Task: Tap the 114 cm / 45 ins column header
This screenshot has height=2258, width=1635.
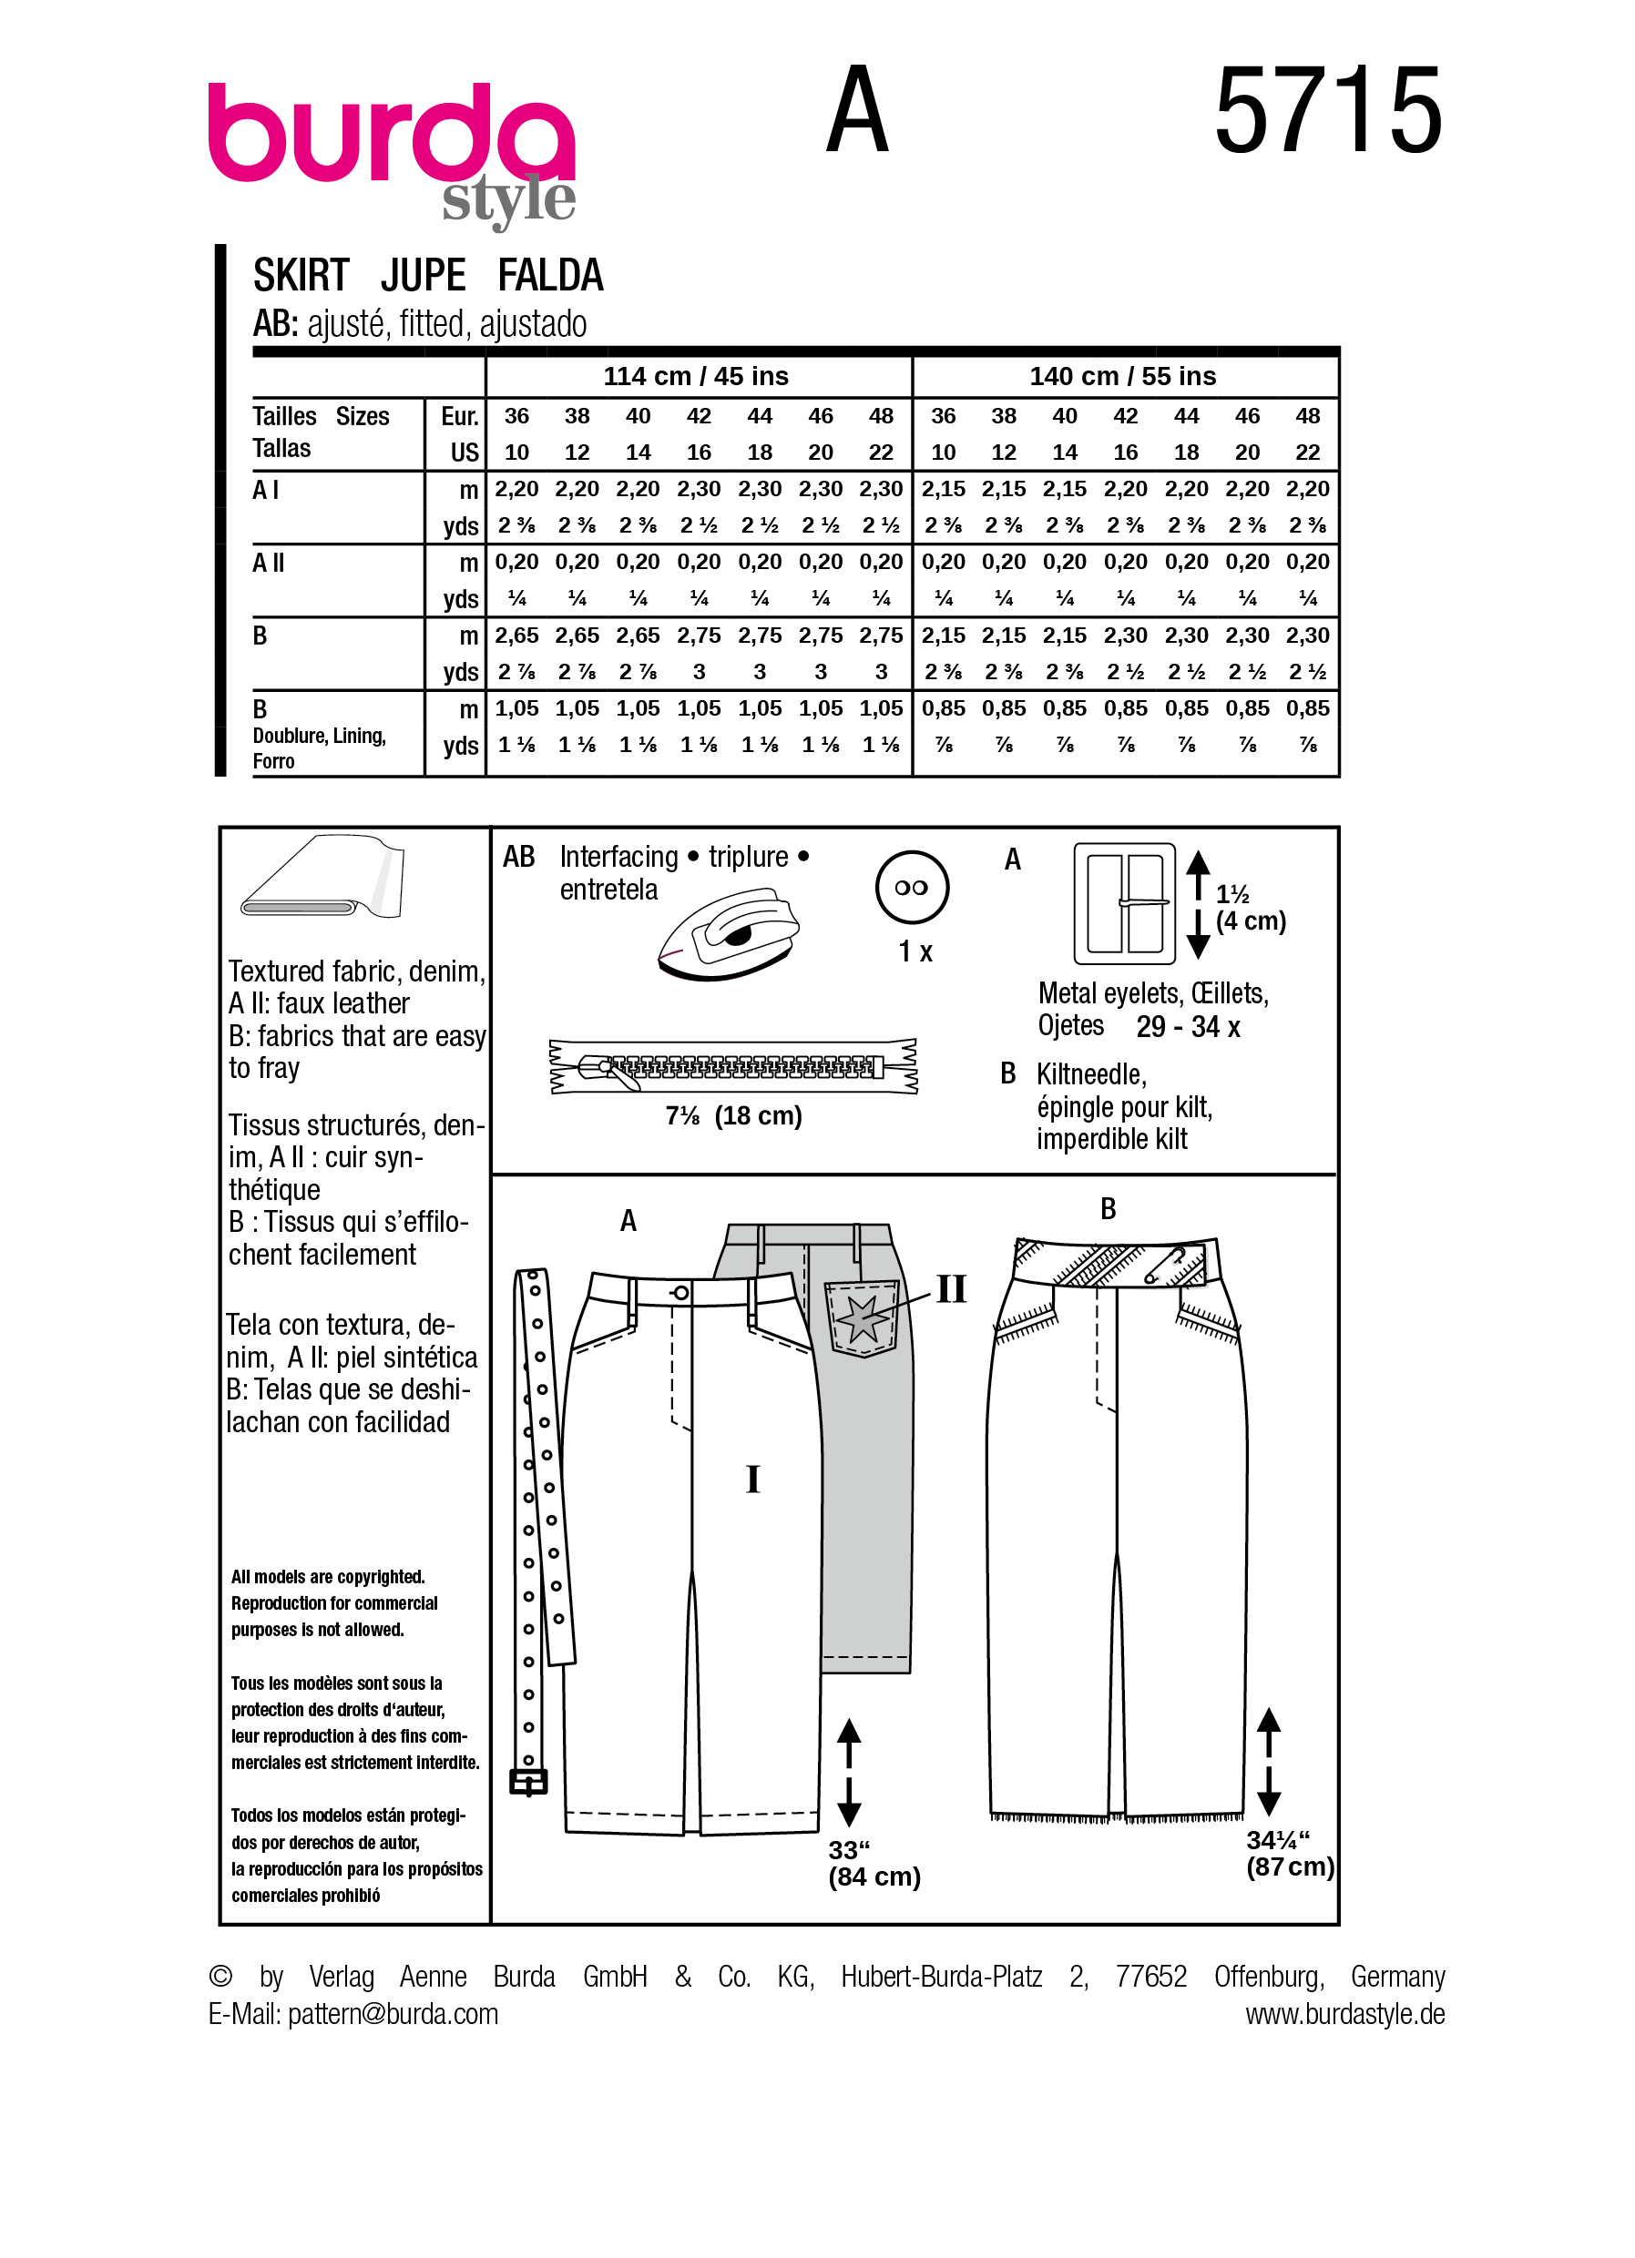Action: (x=695, y=376)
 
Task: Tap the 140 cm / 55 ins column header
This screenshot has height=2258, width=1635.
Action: (x=1122, y=376)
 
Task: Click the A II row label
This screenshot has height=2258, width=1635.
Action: (x=269, y=564)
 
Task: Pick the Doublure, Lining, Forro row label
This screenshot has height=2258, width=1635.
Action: (x=319, y=748)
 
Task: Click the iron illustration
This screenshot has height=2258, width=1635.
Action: (x=728, y=936)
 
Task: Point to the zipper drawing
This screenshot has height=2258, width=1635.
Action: (x=733, y=1067)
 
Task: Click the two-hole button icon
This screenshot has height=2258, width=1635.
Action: (x=911, y=887)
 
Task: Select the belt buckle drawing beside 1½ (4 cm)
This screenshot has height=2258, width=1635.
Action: (x=1124, y=903)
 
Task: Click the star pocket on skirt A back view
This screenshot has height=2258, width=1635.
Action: (x=863, y=1319)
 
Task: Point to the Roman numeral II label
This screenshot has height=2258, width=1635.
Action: (x=951, y=1289)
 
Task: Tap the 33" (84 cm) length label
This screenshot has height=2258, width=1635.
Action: (x=874, y=1864)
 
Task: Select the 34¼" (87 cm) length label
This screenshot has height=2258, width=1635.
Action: (x=1289, y=1854)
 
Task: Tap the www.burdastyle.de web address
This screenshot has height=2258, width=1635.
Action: (x=1344, y=2014)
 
